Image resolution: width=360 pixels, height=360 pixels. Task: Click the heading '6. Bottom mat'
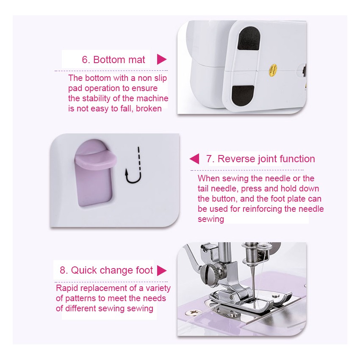[x=114, y=60]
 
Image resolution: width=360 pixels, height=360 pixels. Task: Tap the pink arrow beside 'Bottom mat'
[x=162, y=59]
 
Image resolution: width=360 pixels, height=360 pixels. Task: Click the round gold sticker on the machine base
[x=273, y=69]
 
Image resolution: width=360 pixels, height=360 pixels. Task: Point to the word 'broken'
[x=149, y=108]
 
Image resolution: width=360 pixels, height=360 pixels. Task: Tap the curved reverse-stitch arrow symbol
[x=133, y=165]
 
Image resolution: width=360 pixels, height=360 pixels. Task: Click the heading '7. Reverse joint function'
[x=260, y=159]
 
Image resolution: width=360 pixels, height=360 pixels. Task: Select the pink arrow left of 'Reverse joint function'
[x=194, y=159]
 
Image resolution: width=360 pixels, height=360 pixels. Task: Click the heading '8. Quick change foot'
[x=106, y=270]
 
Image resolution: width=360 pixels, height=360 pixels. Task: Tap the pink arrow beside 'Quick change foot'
[x=162, y=271]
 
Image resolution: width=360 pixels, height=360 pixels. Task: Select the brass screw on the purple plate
[x=194, y=312]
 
